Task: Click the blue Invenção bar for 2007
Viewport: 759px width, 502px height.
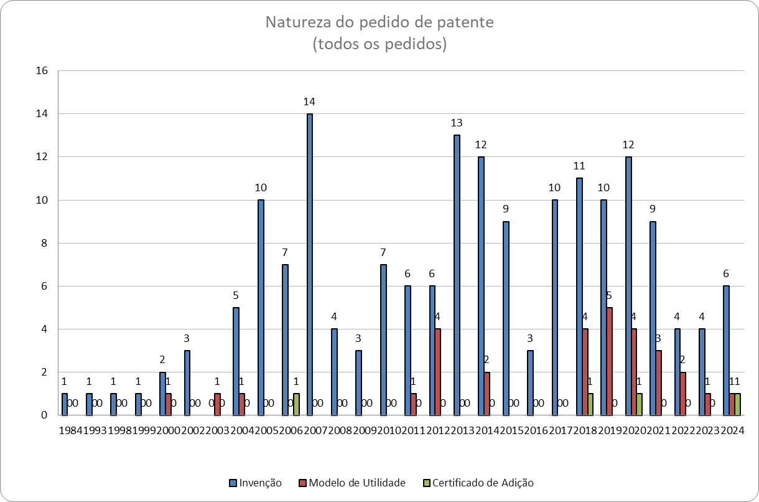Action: click(310, 264)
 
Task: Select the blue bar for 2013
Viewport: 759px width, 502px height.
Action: click(457, 275)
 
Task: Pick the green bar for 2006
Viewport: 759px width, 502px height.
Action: click(297, 404)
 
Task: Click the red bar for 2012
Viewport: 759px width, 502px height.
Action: click(439, 372)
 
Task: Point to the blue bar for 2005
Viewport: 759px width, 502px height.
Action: click(261, 307)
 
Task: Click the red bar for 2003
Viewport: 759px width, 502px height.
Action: click(218, 404)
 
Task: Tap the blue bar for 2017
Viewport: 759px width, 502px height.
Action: click(555, 307)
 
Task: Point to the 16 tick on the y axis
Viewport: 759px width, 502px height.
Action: click(42, 71)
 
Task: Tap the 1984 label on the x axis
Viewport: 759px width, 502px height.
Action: click(70, 430)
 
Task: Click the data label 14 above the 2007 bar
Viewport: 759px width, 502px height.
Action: click(310, 102)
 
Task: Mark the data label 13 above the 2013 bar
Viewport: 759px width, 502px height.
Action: click(457, 123)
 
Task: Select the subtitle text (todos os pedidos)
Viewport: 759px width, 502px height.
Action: click(379, 44)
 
